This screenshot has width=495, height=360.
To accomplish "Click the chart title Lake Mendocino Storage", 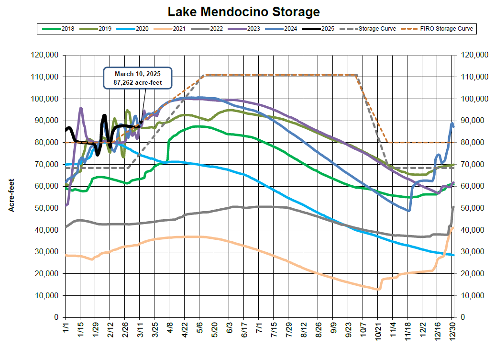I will tap(243, 11).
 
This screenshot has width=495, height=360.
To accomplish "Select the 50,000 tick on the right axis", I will tap(473, 208).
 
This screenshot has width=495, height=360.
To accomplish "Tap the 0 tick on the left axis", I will tap(56, 317).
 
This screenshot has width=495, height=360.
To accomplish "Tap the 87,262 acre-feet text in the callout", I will tap(137, 82).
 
